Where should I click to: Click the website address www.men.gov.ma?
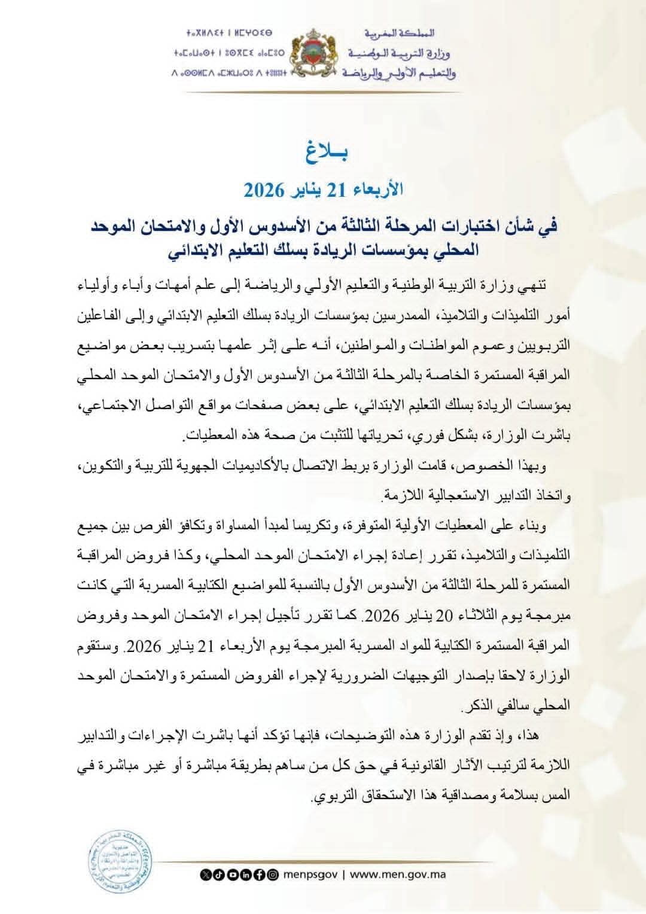(x=398, y=874)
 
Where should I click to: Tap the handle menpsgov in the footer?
(x=312, y=874)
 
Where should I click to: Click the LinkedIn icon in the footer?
(x=246, y=875)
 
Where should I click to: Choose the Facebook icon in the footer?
(x=260, y=875)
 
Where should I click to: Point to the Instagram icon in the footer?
(x=273, y=875)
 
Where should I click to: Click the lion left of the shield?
(x=300, y=60)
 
